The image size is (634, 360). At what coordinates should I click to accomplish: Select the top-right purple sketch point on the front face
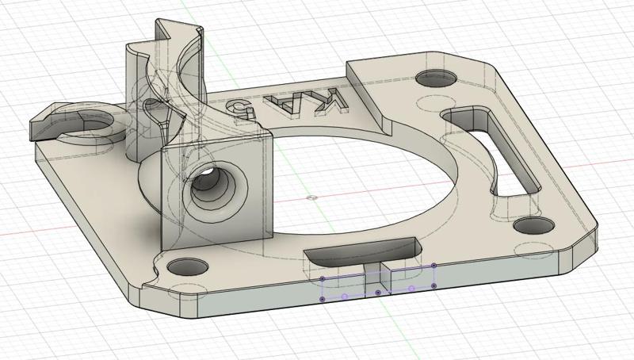point(436,266)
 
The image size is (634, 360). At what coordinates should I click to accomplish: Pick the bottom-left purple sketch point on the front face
point(321,299)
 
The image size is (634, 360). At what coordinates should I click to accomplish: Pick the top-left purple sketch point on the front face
point(322,279)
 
